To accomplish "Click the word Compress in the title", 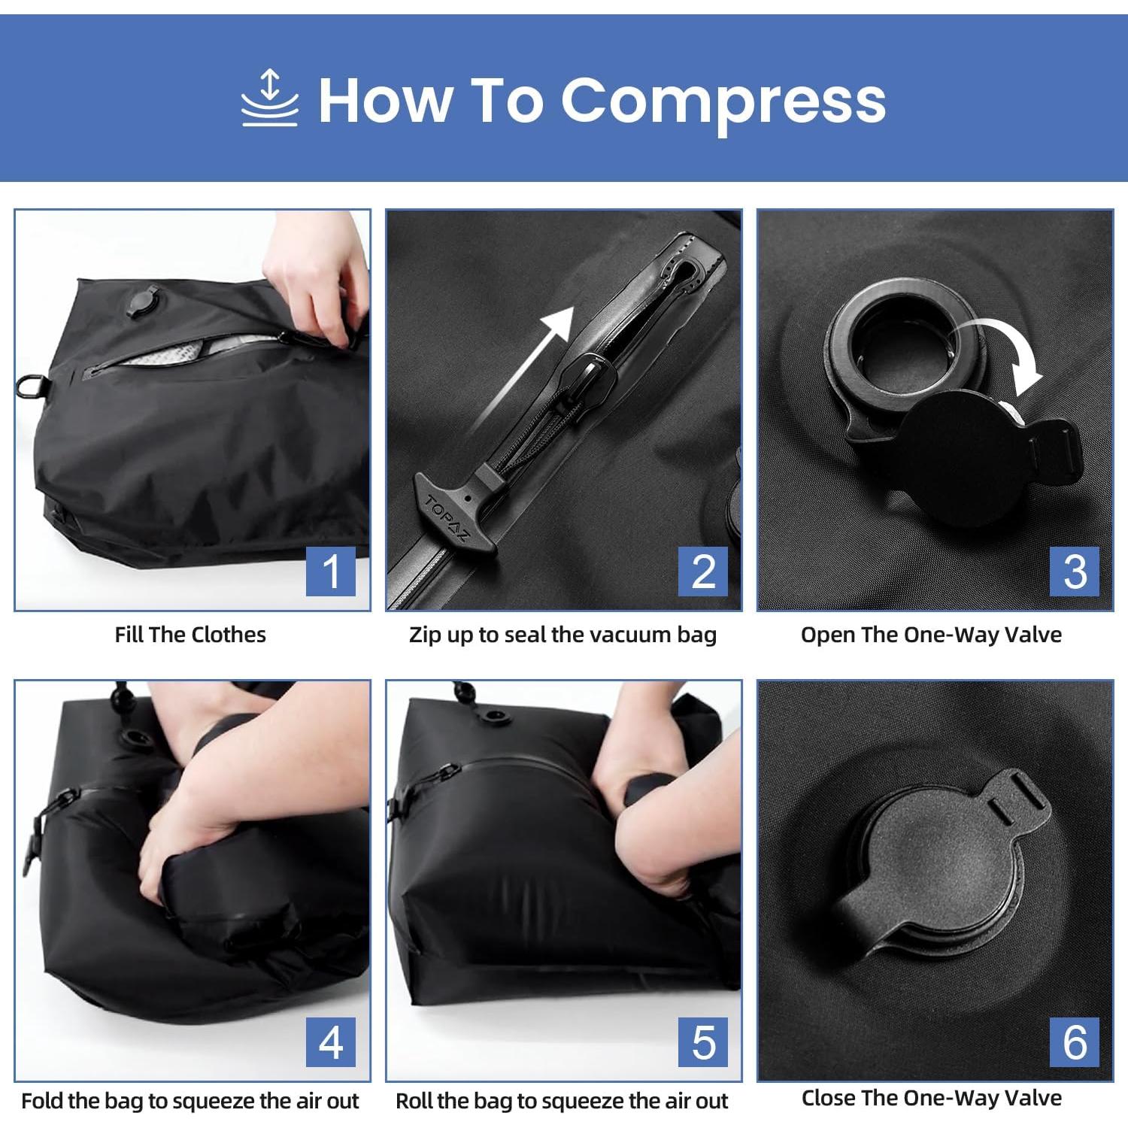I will [723, 102].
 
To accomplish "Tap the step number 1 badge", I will [331, 571].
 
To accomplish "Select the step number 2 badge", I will [702, 571].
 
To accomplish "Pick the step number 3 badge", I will [1075, 571].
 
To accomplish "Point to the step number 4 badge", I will [331, 1042].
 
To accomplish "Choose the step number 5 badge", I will [702, 1042].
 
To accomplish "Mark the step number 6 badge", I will [1075, 1042].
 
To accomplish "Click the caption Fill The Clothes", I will [190, 635].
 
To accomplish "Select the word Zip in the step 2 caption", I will [426, 635].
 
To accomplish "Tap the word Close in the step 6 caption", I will [829, 1098].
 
